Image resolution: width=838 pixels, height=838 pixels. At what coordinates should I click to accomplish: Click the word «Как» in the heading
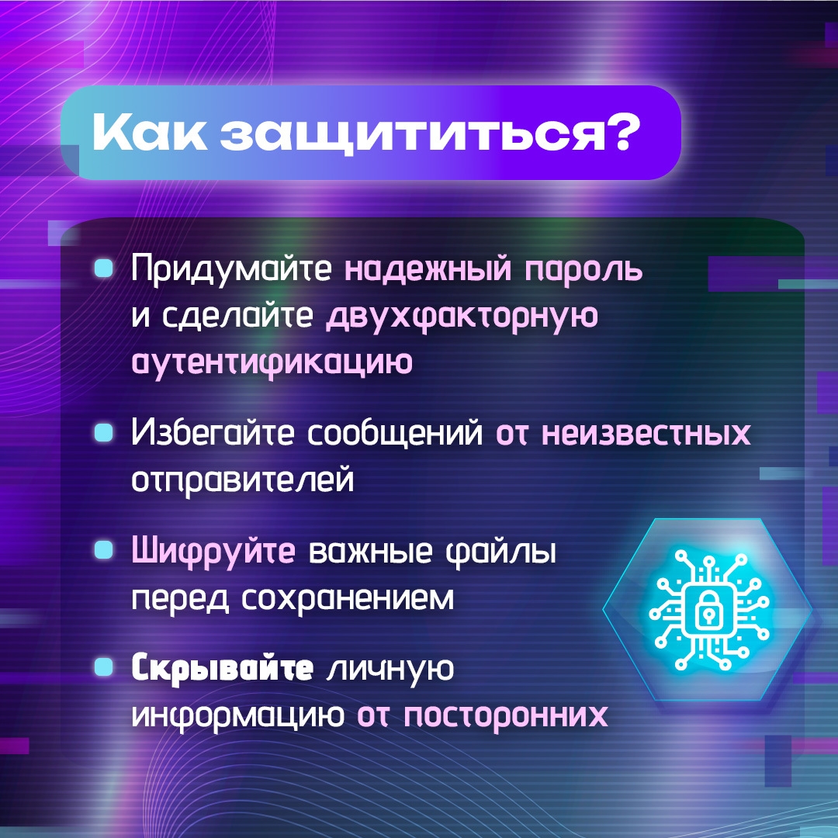pyautogui.click(x=149, y=132)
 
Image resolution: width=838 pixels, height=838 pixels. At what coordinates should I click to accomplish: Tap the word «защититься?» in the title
pyautogui.click(x=430, y=133)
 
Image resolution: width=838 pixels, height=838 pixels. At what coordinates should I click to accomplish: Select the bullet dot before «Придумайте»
pyautogui.click(x=104, y=268)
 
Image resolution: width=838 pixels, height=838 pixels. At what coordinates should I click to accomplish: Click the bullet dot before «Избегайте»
pyautogui.click(x=104, y=432)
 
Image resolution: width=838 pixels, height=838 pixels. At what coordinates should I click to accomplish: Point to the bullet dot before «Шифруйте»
pyautogui.click(x=104, y=550)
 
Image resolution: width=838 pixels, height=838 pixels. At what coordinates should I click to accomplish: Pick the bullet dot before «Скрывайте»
pyautogui.click(x=104, y=667)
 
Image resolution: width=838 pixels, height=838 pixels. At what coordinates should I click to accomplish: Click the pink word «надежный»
pyautogui.click(x=428, y=268)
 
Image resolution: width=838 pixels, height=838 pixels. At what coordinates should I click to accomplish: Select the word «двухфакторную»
pyautogui.click(x=462, y=317)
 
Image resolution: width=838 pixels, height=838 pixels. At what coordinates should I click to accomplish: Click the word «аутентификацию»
pyautogui.click(x=272, y=363)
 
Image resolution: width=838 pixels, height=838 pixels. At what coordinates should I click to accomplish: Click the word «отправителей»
pyautogui.click(x=243, y=479)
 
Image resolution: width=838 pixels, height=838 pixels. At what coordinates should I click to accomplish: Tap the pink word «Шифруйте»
pyautogui.click(x=213, y=551)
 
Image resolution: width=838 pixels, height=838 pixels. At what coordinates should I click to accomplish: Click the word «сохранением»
pyautogui.click(x=348, y=598)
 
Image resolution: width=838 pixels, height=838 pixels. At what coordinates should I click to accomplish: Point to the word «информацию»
pyautogui.click(x=238, y=715)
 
